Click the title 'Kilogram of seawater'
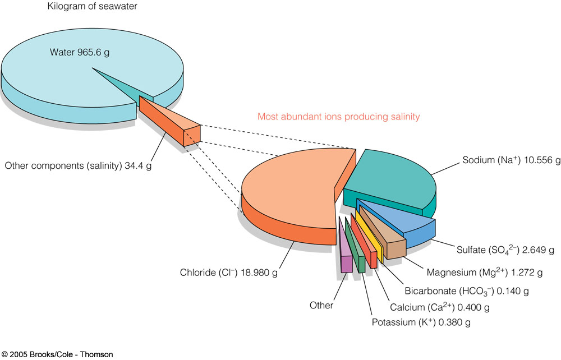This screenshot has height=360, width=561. point(92,6)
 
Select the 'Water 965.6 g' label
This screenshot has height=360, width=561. point(80,52)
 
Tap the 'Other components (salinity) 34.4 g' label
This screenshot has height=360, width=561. point(78,166)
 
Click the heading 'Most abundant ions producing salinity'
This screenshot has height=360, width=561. point(338,117)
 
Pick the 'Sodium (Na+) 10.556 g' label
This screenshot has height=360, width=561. point(511,160)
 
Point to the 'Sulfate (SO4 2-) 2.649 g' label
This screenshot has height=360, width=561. point(505,250)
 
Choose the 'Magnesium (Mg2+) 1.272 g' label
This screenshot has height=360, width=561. point(485,273)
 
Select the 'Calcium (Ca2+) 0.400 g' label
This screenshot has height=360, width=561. point(440,307)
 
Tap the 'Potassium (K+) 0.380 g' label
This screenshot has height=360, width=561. point(421,322)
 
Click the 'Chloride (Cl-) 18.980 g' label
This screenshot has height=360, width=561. point(229,273)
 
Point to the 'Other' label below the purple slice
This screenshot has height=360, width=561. point(321,305)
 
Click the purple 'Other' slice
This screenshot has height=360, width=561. point(345,247)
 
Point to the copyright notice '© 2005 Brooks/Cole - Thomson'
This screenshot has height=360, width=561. point(57,354)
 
